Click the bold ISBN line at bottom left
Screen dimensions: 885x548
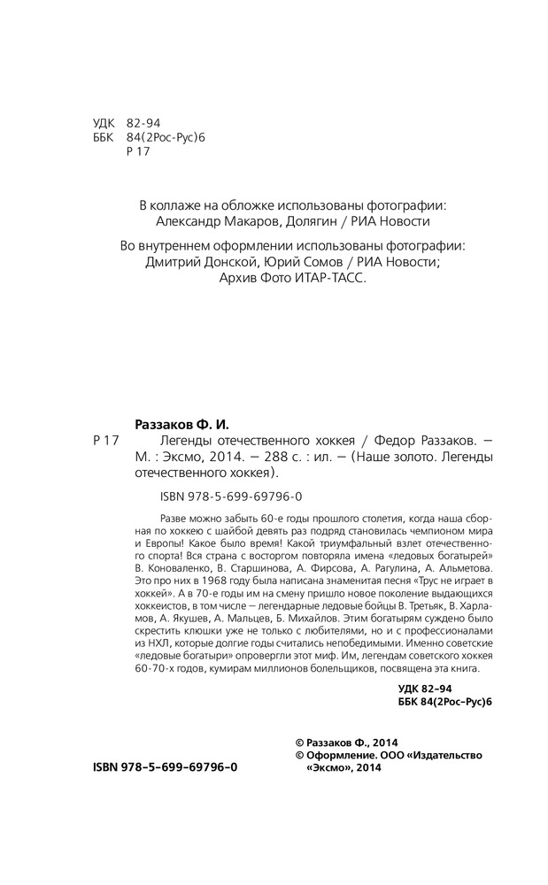pyautogui.click(x=166, y=768)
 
